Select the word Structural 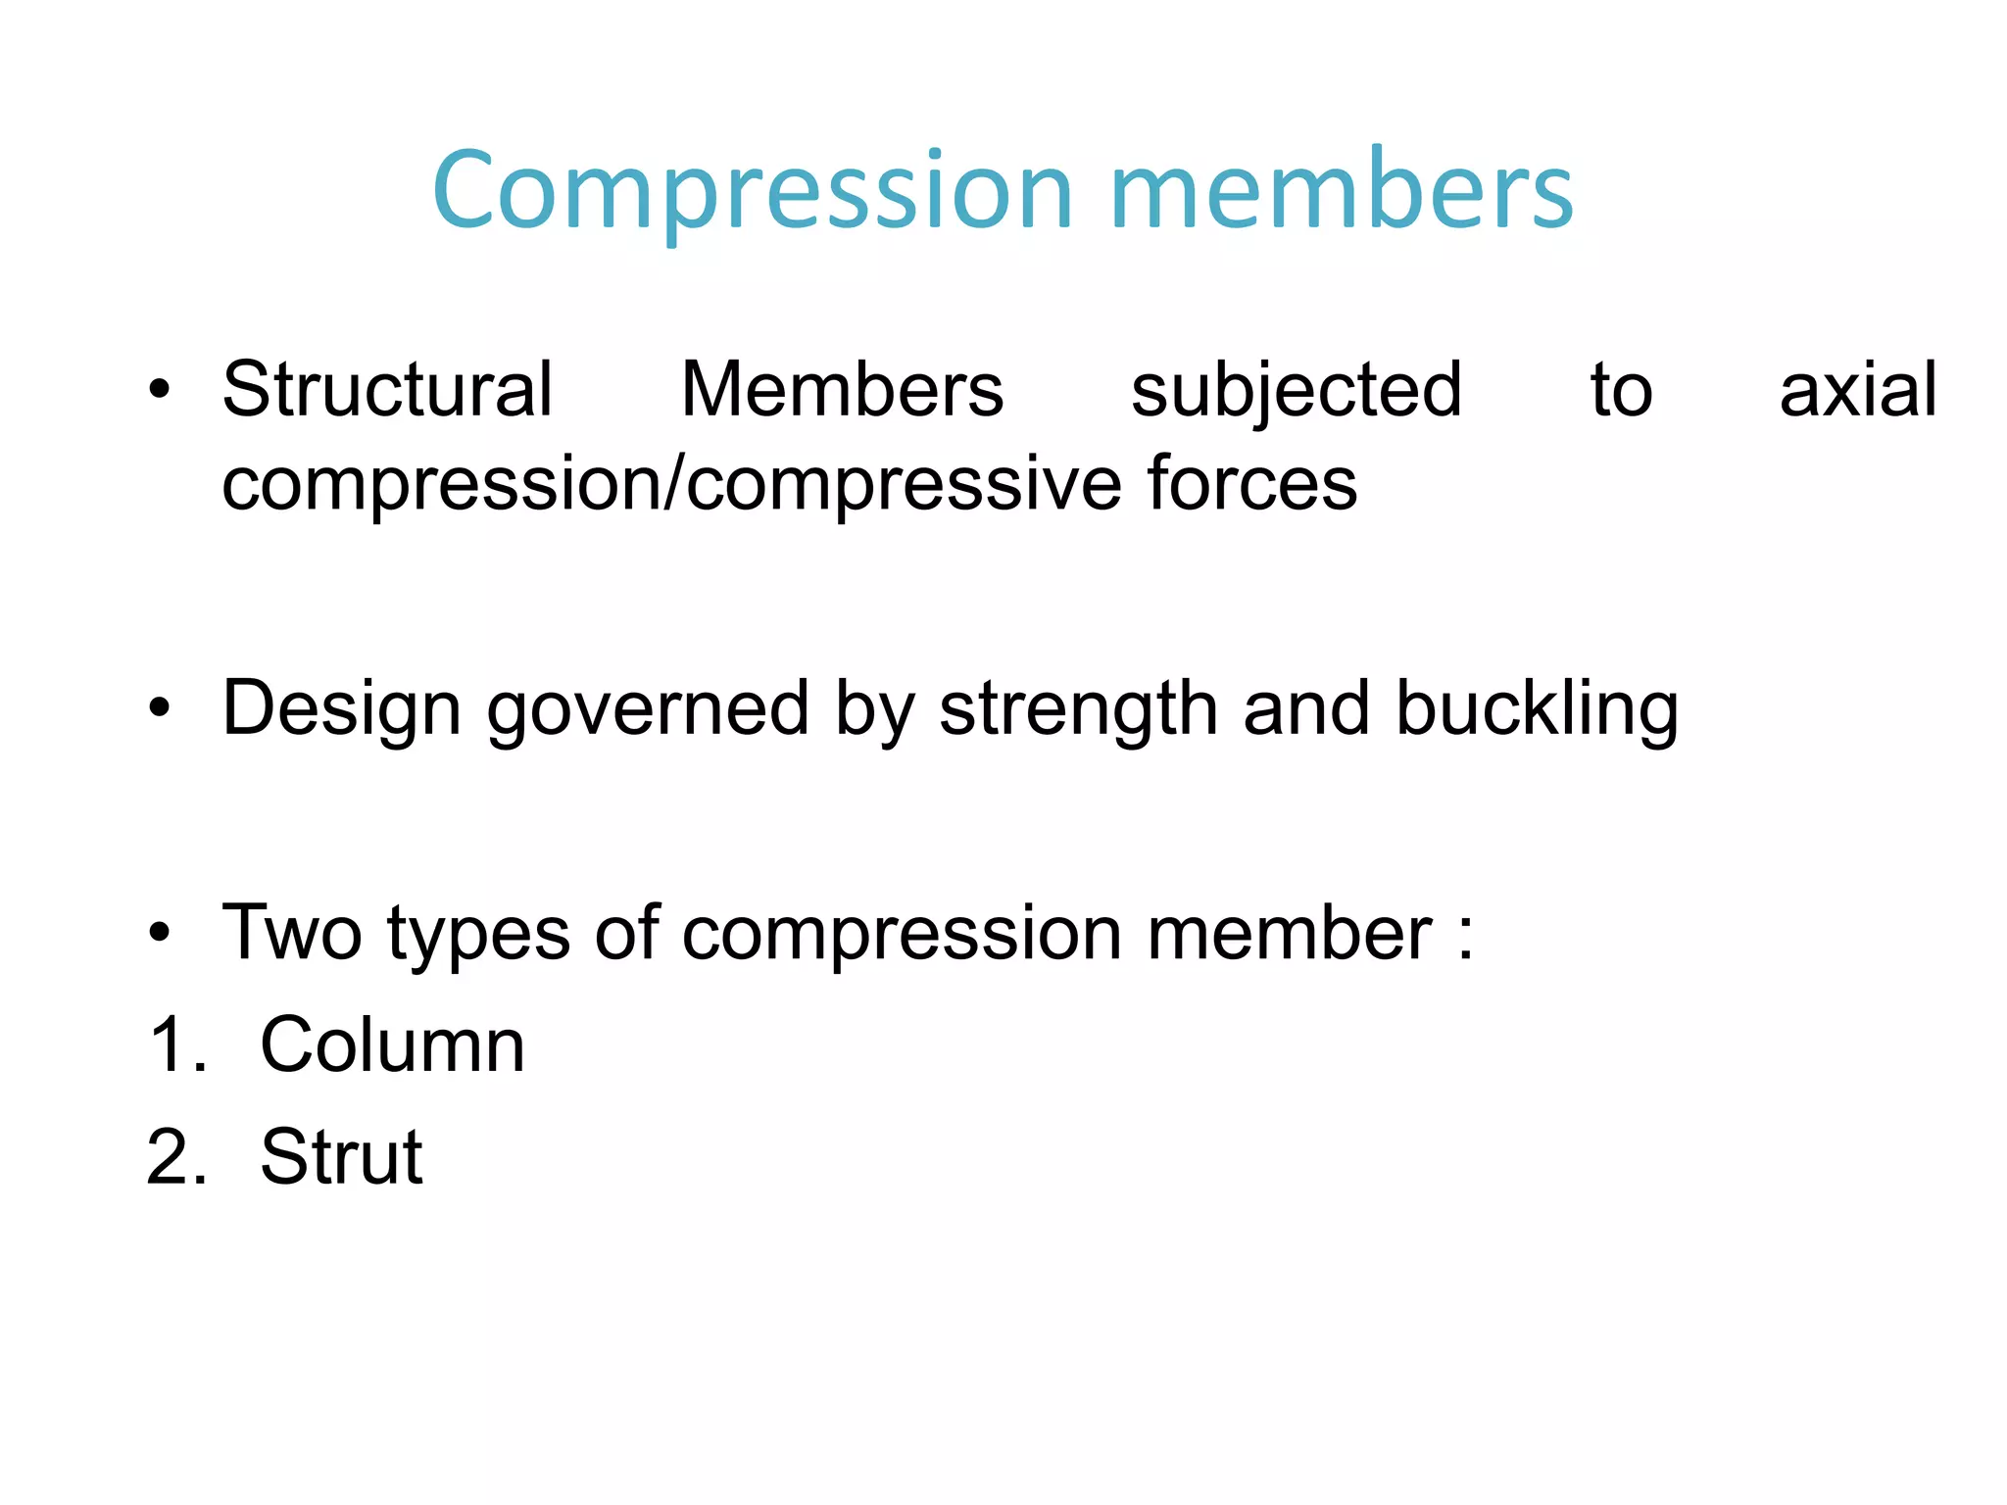388,390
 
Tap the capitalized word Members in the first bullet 842,390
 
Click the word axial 1857,390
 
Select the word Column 392,1045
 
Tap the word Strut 341,1157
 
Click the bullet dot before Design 160,707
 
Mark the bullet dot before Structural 160,390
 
